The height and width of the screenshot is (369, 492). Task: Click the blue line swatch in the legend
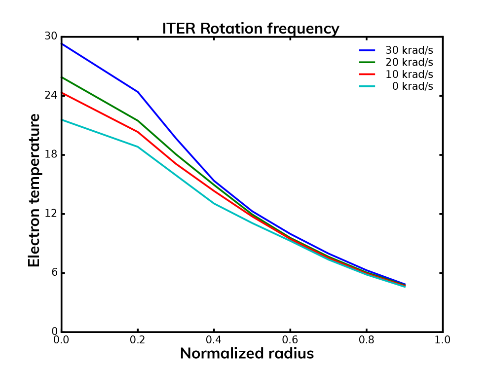(x=367, y=50)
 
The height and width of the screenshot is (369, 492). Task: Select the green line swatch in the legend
(x=367, y=62)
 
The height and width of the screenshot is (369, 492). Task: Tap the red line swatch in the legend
(x=367, y=74)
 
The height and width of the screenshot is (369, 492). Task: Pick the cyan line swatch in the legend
(x=367, y=86)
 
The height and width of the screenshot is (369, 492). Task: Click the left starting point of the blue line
(x=63, y=44)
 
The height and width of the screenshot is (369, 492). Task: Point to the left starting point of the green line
(x=63, y=77)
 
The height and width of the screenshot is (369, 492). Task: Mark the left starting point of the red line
(x=63, y=93)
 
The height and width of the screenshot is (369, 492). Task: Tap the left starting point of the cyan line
(x=63, y=120)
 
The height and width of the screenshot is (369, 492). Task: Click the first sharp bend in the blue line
(x=138, y=92)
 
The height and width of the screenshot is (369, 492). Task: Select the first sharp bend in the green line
(x=138, y=120)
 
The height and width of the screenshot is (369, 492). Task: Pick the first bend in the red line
(x=138, y=132)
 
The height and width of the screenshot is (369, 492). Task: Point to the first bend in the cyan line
(x=138, y=147)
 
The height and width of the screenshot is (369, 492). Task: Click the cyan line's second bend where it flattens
(x=214, y=203)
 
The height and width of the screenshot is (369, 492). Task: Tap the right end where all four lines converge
(x=405, y=285)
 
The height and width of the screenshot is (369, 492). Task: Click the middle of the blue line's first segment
(x=100, y=68)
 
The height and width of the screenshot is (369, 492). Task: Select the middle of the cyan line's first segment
(x=100, y=133)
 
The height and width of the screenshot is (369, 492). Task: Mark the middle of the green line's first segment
(x=100, y=99)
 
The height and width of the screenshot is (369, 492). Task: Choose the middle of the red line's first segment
(x=100, y=112)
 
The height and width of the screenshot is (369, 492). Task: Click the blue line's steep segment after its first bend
(x=176, y=137)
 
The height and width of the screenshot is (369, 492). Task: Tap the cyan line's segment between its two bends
(x=176, y=175)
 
